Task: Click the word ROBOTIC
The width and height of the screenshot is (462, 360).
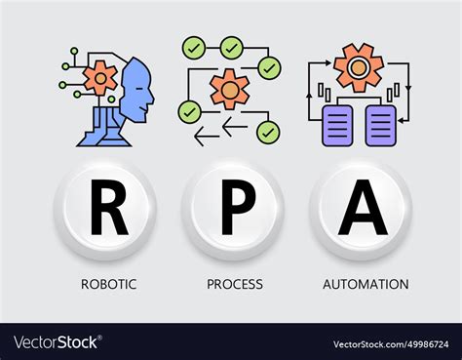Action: (109, 285)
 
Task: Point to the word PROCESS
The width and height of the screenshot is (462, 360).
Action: (234, 285)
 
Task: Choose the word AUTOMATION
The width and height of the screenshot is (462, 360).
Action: (366, 285)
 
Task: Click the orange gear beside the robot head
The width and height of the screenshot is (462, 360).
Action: (100, 78)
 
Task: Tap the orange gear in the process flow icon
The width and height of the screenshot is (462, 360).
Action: (230, 88)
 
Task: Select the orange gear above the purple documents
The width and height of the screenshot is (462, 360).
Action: (359, 66)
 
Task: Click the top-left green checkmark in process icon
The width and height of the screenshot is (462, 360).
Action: (192, 48)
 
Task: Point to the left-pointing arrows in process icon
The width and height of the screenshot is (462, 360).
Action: (219, 130)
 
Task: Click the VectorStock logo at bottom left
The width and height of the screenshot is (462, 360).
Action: (58, 341)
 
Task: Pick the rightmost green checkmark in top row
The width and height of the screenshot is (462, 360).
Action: (270, 68)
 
